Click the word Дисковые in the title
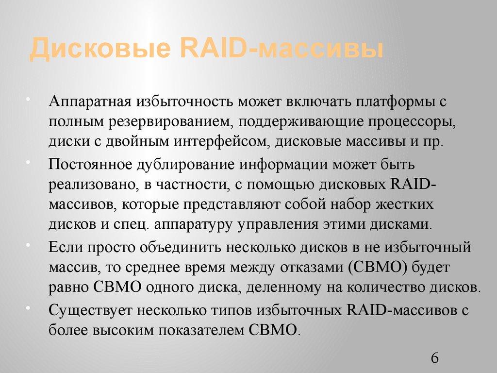(99, 50)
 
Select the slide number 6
(434, 358)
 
